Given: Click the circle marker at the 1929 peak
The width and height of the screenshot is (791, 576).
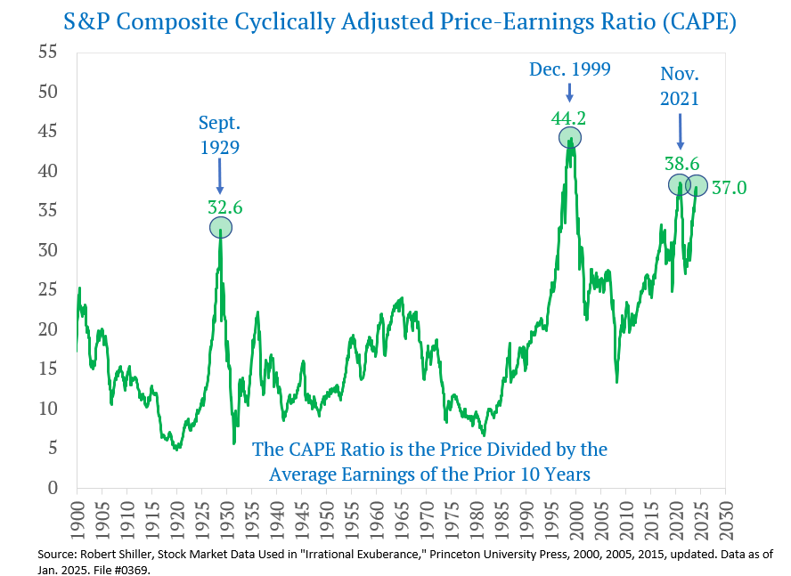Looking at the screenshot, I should (x=221, y=227).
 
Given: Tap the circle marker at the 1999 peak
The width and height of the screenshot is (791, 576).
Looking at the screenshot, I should (x=570, y=137).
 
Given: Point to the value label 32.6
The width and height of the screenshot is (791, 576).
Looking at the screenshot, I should (x=225, y=207).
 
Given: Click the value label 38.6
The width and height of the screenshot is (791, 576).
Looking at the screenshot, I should (x=681, y=165).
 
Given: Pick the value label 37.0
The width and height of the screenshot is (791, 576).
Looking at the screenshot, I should (x=729, y=188).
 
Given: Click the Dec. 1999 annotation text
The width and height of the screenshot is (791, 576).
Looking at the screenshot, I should (x=570, y=69).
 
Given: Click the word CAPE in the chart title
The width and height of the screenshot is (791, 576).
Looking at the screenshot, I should (x=689, y=22).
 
